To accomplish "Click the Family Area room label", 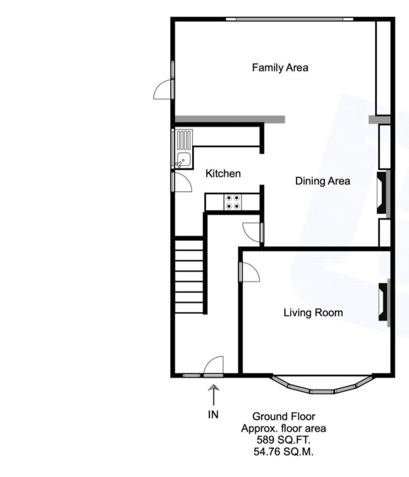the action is [x=280, y=67].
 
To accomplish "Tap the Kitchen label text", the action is [x=223, y=173].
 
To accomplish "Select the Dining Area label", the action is [x=322, y=181].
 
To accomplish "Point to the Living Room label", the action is [x=313, y=313].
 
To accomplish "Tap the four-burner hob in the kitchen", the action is [x=233, y=202].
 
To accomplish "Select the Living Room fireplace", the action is [x=384, y=302].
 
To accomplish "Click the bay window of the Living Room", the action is [x=322, y=386].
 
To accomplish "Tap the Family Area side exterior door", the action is [x=163, y=89].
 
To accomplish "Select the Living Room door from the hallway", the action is [x=249, y=272].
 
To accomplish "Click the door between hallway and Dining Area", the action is [x=253, y=232].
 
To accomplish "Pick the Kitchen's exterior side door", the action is [x=181, y=182].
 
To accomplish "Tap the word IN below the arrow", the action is [x=213, y=414].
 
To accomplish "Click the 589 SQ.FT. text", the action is [x=283, y=440].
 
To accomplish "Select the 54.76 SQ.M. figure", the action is [x=283, y=452].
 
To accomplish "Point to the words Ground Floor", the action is [x=284, y=416].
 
